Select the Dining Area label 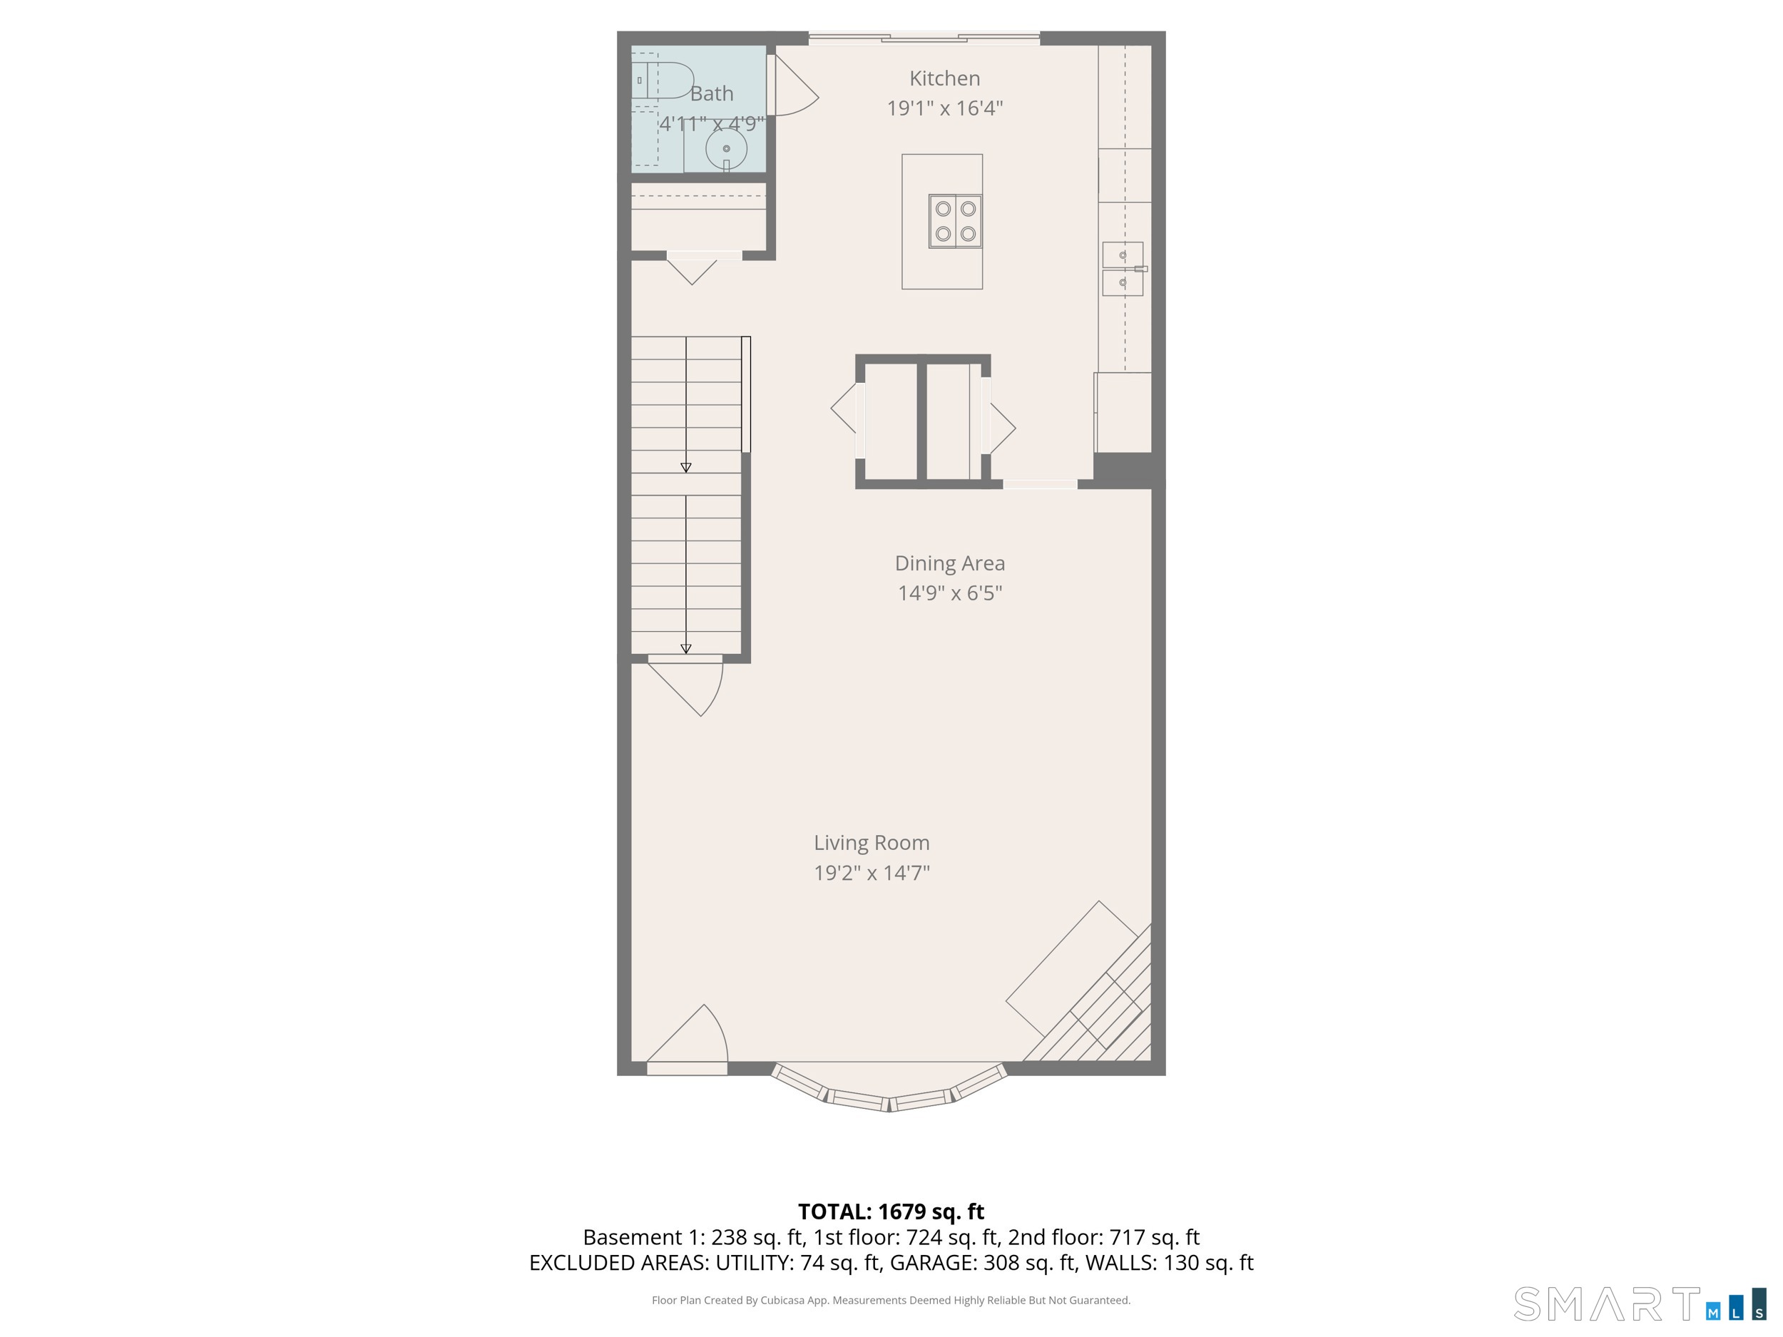pyautogui.click(x=949, y=563)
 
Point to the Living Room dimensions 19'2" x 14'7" pyautogui.click(x=872, y=872)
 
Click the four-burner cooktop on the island pyautogui.click(x=955, y=221)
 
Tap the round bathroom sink pyautogui.click(x=726, y=149)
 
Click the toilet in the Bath pyautogui.click(x=663, y=80)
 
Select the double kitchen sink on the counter pyautogui.click(x=1123, y=269)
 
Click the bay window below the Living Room pyautogui.click(x=889, y=1090)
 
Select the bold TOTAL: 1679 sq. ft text pyautogui.click(x=891, y=1212)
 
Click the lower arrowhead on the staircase pyautogui.click(x=686, y=649)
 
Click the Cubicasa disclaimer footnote pyautogui.click(x=891, y=1300)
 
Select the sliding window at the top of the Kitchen pyautogui.click(x=924, y=37)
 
